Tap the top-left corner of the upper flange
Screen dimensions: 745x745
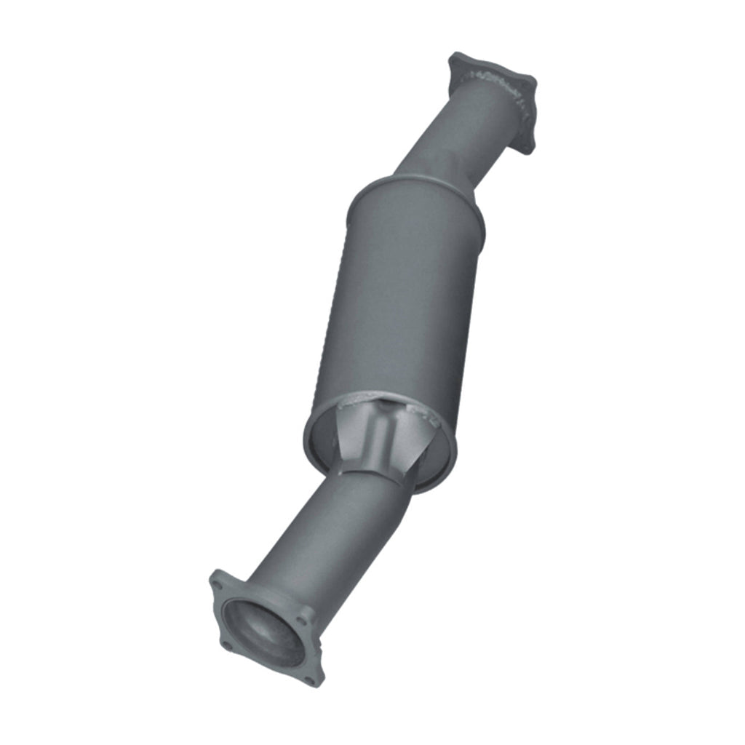[x=455, y=57]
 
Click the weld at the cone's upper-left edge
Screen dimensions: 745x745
[x=349, y=400]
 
